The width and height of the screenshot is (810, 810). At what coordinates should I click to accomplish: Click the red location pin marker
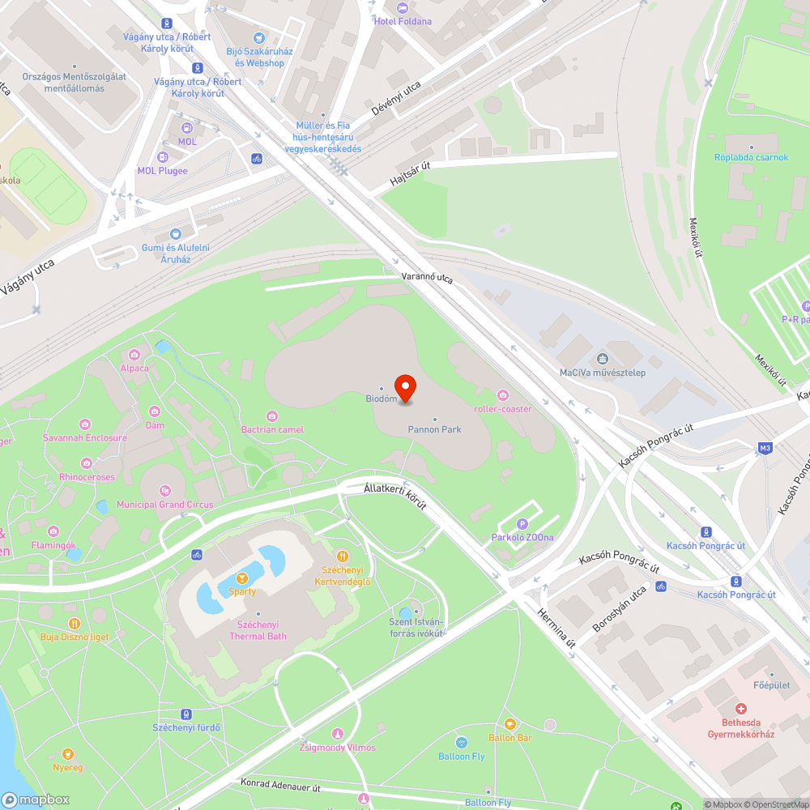point(404,388)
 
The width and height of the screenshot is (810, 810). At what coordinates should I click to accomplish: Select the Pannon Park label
point(435,428)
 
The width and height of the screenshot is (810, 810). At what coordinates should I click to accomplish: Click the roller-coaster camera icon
point(503,394)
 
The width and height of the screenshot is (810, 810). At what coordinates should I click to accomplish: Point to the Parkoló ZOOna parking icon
point(522,524)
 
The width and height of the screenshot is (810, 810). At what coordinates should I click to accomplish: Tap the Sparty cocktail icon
point(241,578)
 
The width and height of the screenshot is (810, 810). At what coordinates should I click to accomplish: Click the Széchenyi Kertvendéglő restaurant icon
point(343,556)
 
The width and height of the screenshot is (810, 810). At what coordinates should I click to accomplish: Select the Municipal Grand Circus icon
point(165,490)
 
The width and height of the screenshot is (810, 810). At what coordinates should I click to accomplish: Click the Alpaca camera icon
point(134,354)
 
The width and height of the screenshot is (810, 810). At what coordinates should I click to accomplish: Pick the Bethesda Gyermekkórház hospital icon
point(741,709)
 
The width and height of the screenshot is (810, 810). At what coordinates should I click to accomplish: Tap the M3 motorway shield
point(765,448)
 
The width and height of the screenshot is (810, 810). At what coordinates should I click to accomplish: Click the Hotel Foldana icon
point(403,7)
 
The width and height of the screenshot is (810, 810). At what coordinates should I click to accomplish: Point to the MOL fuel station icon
point(187,127)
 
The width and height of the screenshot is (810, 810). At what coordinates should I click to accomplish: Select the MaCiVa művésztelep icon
point(602,359)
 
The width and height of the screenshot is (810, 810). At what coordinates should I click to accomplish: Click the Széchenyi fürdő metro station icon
point(186,714)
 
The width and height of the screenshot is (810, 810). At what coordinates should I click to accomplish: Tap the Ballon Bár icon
point(509,724)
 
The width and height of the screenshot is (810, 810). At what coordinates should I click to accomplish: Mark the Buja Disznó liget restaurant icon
point(75,623)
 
